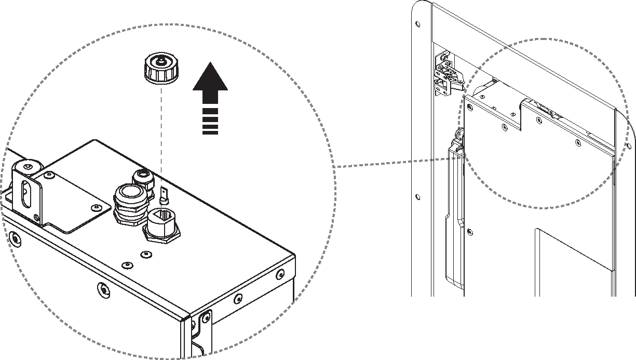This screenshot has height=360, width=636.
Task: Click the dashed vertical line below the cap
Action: click(x=161, y=135)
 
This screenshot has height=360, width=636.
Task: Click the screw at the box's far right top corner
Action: click(x=280, y=273)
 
